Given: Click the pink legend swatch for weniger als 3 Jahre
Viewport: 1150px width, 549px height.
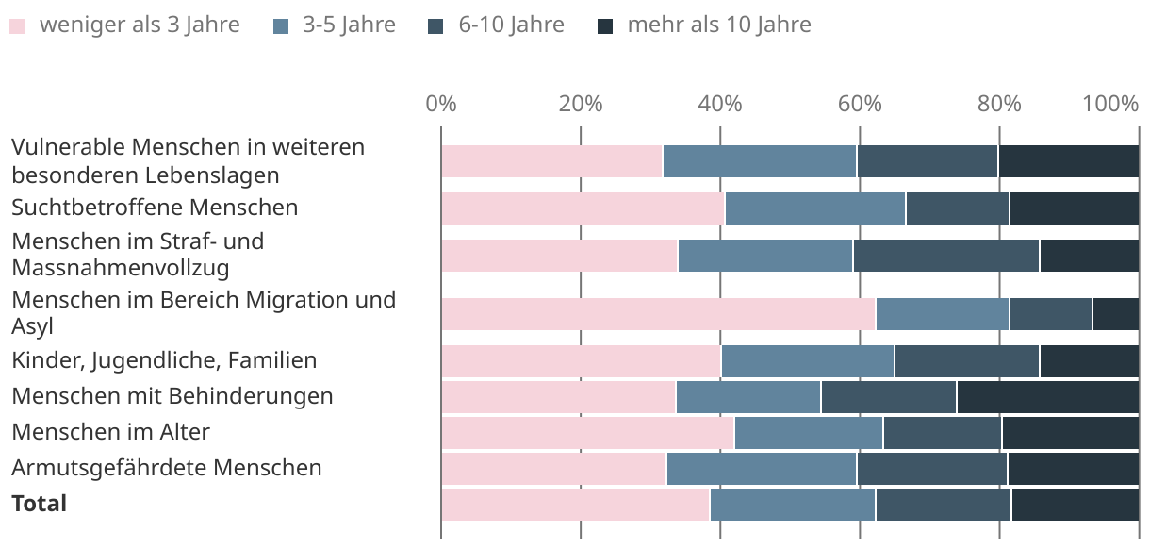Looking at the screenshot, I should click(17, 25).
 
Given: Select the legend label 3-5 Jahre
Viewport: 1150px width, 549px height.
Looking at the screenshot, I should click(349, 25).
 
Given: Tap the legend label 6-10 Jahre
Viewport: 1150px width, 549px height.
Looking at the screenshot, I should click(511, 25).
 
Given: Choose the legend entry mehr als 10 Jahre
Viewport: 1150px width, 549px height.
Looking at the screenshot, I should click(718, 25).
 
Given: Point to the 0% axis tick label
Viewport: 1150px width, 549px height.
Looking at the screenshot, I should click(441, 104).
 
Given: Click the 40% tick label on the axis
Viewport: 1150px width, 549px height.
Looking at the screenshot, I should click(720, 104).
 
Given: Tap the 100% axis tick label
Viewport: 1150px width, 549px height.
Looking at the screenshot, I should click(1111, 104).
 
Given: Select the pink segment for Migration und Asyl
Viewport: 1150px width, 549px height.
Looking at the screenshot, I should click(658, 314).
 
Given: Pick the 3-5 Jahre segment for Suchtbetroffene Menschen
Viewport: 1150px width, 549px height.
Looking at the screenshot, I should click(815, 208).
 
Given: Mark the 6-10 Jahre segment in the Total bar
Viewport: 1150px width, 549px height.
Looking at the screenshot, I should click(943, 505).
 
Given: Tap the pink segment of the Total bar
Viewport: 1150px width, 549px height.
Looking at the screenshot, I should click(575, 505).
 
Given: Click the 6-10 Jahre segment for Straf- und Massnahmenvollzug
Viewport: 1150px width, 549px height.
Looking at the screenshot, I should click(945, 256).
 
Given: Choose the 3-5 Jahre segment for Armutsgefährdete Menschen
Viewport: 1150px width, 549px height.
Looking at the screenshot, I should click(761, 469).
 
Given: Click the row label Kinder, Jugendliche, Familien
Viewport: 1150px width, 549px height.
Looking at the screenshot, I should click(164, 359).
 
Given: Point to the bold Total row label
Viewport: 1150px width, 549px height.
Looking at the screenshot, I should click(40, 504).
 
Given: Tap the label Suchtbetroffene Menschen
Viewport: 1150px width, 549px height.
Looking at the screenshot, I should click(155, 207).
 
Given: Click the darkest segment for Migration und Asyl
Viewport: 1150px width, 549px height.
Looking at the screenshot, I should click(1115, 314).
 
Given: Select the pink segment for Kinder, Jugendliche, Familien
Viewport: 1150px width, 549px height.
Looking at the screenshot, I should click(581, 361).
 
